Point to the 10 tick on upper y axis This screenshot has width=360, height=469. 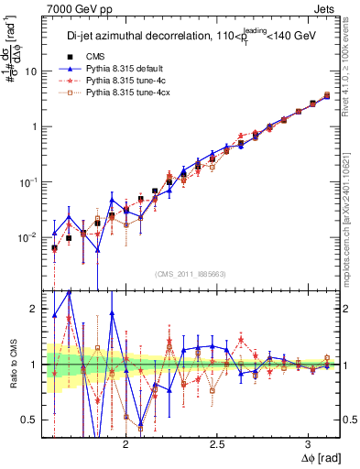32,71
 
